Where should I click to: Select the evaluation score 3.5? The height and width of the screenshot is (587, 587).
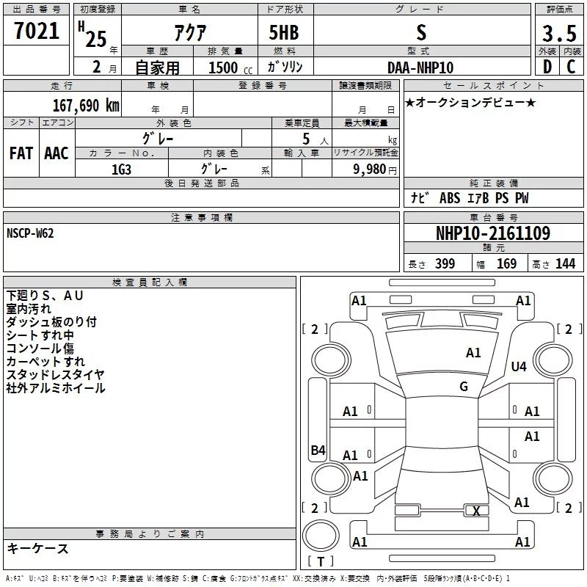(x=558, y=33)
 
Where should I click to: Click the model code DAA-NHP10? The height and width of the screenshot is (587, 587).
(x=420, y=67)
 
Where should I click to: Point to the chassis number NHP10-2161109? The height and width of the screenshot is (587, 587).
(x=492, y=233)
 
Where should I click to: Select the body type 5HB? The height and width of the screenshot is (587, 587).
(x=284, y=33)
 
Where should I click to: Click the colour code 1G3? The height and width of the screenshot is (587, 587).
(x=120, y=168)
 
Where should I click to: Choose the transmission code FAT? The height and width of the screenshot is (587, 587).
(x=21, y=153)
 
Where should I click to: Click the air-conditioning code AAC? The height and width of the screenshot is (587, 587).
(x=56, y=153)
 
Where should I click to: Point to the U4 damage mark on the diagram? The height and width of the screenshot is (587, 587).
(x=519, y=366)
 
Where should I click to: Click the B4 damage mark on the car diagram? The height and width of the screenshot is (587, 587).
(x=318, y=451)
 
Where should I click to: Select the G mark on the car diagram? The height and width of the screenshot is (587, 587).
(x=464, y=387)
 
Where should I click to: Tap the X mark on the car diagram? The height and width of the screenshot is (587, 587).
(x=477, y=511)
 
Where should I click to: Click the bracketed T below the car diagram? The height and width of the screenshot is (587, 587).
(x=320, y=562)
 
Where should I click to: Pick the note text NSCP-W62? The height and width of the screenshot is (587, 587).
(x=30, y=233)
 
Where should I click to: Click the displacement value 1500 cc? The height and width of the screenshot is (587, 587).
(x=230, y=68)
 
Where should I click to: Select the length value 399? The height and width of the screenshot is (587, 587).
(x=445, y=264)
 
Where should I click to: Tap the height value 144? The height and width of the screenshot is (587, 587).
(x=565, y=264)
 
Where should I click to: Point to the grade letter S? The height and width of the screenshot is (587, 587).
(x=420, y=33)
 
